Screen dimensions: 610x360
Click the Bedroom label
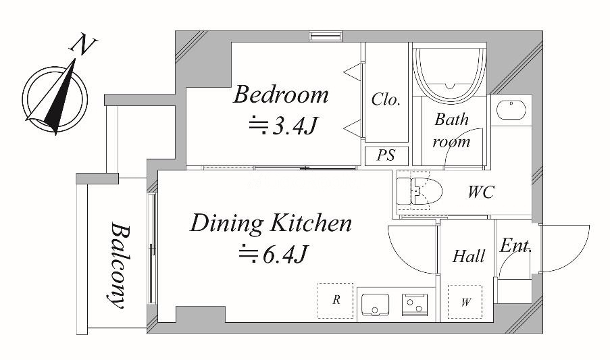click(x=280, y=95)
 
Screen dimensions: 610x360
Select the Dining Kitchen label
click(x=271, y=223)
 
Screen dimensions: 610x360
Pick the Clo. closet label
click(x=386, y=99)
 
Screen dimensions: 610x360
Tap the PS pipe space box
click(x=386, y=155)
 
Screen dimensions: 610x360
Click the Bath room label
click(x=451, y=130)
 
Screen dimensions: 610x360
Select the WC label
click(x=481, y=192)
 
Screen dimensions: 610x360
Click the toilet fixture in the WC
click(x=420, y=191)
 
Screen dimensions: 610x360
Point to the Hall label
click(x=469, y=256)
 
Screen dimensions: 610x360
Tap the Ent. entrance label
click(x=515, y=246)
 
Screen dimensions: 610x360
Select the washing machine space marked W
click(x=465, y=302)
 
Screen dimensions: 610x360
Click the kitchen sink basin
click(x=375, y=305)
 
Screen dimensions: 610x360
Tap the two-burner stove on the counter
click(x=415, y=304)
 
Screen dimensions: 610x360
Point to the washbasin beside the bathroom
click(x=511, y=109)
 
